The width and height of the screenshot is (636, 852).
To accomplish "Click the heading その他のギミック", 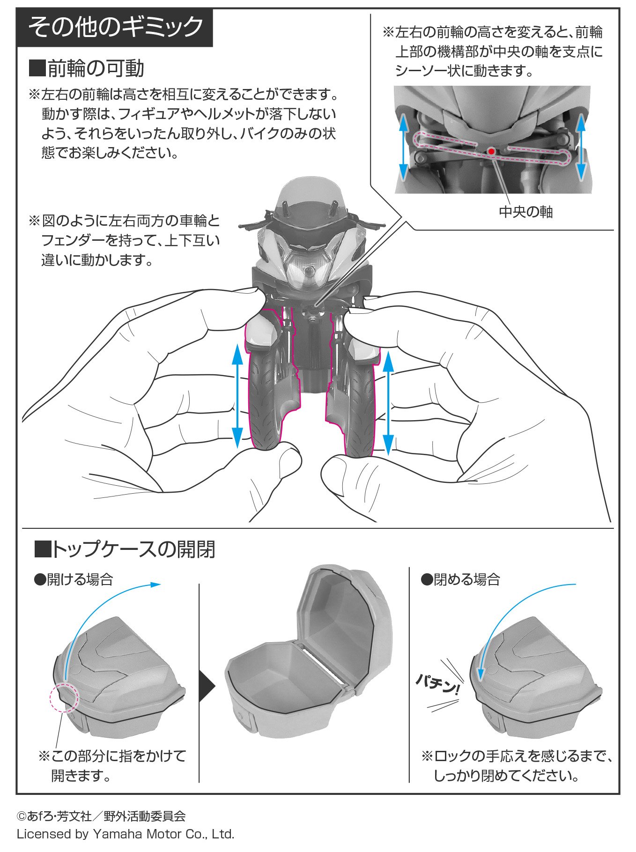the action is [x=115, y=27].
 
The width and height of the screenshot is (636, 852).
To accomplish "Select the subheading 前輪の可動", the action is [x=87, y=68].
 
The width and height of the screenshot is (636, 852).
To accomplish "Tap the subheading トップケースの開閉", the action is [x=125, y=549].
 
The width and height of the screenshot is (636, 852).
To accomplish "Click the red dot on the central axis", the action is [x=491, y=151].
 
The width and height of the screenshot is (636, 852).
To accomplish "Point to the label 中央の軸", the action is [x=525, y=212].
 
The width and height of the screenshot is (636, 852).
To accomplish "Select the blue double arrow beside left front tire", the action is [x=237, y=396].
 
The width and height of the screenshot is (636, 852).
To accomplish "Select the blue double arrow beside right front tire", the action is [x=388, y=403].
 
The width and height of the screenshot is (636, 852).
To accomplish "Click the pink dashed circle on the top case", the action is [x=65, y=697].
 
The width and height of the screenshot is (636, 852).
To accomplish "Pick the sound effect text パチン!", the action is [x=438, y=684].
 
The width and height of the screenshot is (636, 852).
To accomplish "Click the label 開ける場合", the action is [x=74, y=579].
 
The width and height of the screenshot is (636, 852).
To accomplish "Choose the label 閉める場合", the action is [x=460, y=579].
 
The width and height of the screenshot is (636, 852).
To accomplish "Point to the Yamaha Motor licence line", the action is [x=126, y=834].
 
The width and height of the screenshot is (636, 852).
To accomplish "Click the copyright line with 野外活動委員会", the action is [x=101, y=816].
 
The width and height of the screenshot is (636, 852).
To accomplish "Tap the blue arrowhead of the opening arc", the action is [x=155, y=585].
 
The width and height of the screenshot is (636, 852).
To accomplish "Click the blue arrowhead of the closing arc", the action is [x=480, y=675].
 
